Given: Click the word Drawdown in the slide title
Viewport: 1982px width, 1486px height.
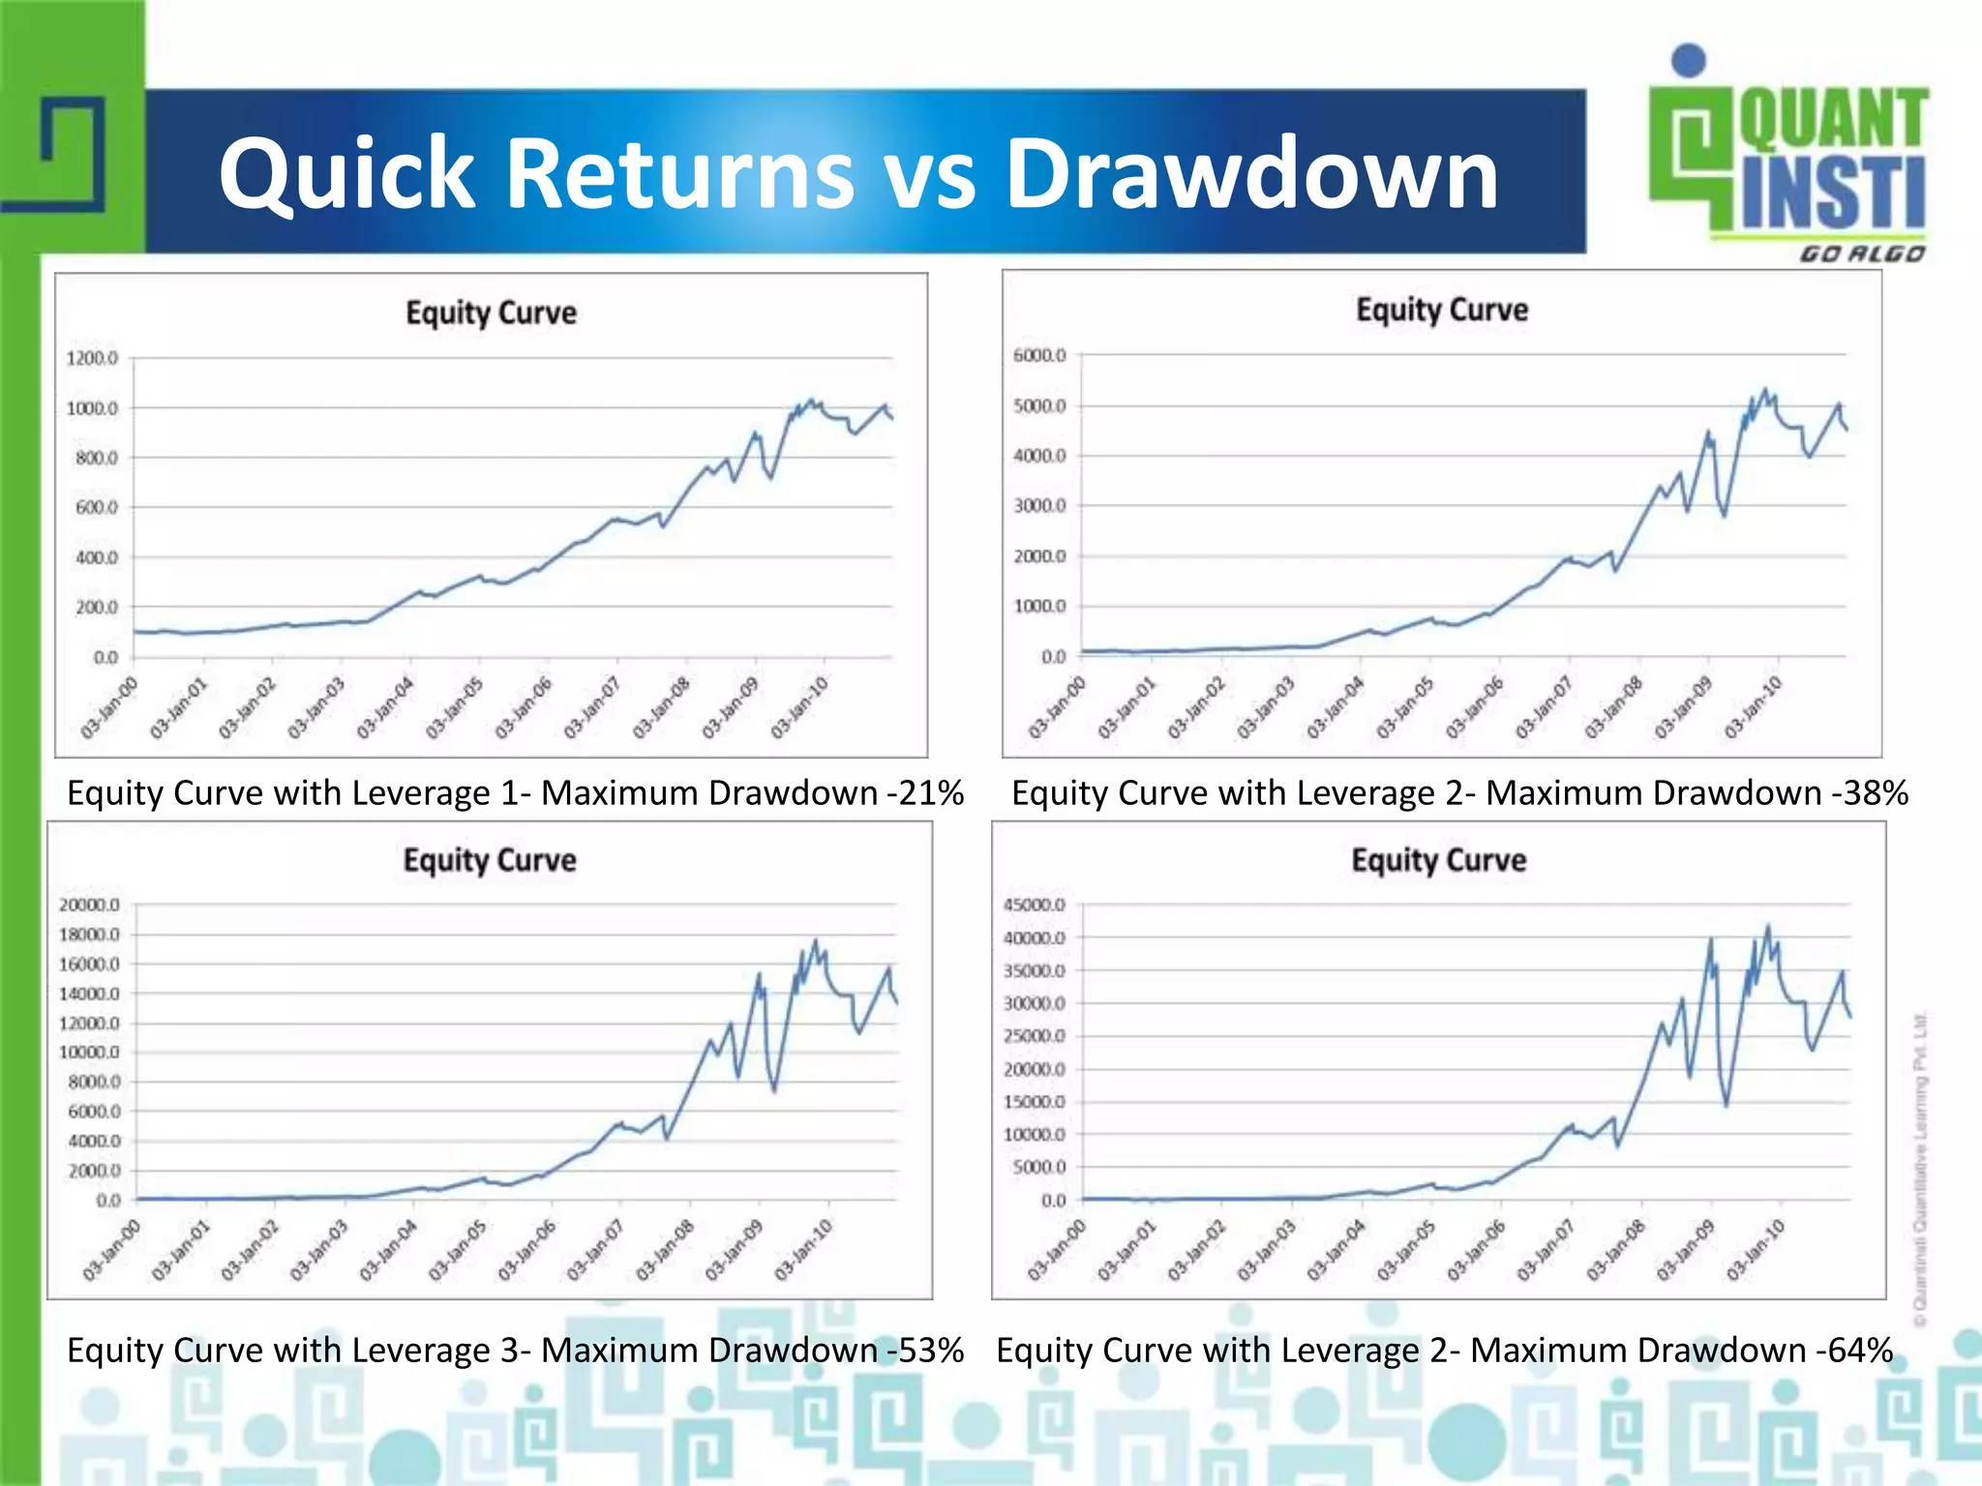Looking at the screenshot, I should pos(1252,174).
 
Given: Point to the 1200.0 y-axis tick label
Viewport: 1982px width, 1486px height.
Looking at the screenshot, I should pos(92,359).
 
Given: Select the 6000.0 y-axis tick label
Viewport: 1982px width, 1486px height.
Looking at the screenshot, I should pos(1039,356).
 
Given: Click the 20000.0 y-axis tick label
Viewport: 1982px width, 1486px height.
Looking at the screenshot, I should pos(89,906).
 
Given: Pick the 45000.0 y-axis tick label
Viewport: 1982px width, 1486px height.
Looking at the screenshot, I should pos(1034,906).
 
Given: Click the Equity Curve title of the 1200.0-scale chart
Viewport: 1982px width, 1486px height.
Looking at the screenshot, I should pos(491,313).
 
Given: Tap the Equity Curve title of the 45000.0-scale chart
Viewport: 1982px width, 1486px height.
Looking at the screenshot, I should pos(1439,860).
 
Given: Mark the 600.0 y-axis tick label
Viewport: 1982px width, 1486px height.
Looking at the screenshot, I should pos(96,508).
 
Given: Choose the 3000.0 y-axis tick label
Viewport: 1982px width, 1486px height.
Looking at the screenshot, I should pos(1039,506).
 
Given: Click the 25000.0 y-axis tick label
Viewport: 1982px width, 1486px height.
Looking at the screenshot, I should pos(1034,1036).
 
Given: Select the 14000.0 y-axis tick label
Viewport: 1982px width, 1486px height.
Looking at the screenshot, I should pos(89,994).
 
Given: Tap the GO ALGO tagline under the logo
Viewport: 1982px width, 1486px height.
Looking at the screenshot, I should pos(1862,254).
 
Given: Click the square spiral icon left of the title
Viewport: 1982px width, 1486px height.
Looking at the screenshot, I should pos(73,155).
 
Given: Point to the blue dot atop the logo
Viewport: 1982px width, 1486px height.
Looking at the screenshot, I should pos(1689,60).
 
